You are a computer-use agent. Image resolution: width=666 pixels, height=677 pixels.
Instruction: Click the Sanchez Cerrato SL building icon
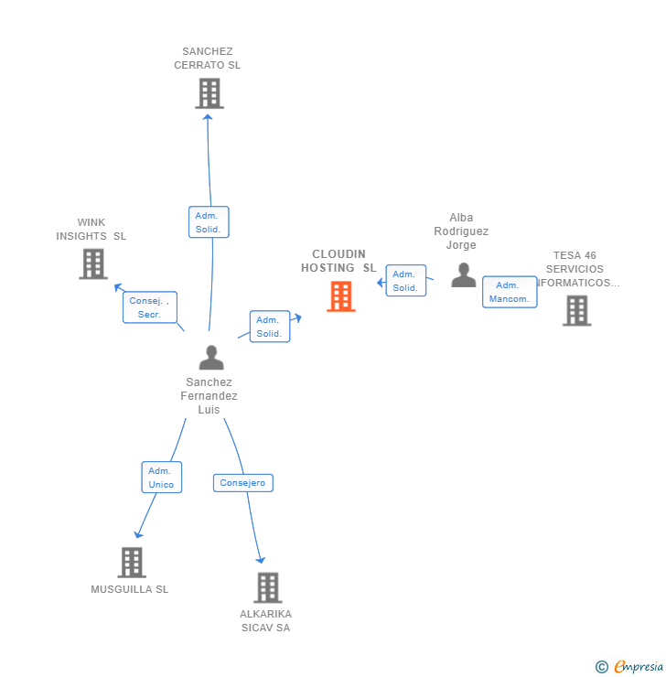coord(209,93)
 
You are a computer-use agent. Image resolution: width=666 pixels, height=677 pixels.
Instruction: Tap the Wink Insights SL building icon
coord(93,263)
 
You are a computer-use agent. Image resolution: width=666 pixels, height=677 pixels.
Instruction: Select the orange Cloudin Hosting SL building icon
coord(341,296)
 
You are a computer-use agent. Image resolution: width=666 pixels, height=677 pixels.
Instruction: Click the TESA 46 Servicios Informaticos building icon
coord(576,311)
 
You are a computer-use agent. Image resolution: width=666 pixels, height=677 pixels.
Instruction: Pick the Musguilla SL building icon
coord(132,562)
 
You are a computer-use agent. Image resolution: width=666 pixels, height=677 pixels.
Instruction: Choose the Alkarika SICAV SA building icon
coord(267,587)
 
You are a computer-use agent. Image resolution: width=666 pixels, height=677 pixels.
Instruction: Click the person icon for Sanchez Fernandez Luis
coord(211,358)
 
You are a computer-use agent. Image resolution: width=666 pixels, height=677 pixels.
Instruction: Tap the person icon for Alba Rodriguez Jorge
coord(464,275)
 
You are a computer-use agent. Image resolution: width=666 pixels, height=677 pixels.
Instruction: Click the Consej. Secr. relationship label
coord(149,307)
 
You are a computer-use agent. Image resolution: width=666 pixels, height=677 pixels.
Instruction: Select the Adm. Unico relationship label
coord(161,478)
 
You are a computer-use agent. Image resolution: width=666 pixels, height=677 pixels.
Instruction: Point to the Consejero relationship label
coord(242,482)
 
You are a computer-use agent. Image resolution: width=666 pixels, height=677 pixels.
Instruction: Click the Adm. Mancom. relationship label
coord(510,292)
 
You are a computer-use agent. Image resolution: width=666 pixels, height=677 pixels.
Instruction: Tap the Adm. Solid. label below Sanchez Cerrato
coord(209,222)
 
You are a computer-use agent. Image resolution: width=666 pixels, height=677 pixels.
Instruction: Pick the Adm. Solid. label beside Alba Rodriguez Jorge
coord(404,281)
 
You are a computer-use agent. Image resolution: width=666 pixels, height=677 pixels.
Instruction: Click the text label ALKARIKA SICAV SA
coord(265,620)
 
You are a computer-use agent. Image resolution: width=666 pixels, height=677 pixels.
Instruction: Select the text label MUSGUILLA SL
coord(130,589)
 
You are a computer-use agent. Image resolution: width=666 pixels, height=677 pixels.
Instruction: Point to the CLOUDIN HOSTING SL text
coord(338,261)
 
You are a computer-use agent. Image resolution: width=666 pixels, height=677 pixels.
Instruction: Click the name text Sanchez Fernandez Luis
coord(209,396)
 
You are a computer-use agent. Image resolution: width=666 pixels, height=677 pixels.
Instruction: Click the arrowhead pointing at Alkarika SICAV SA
coord(261,559)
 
